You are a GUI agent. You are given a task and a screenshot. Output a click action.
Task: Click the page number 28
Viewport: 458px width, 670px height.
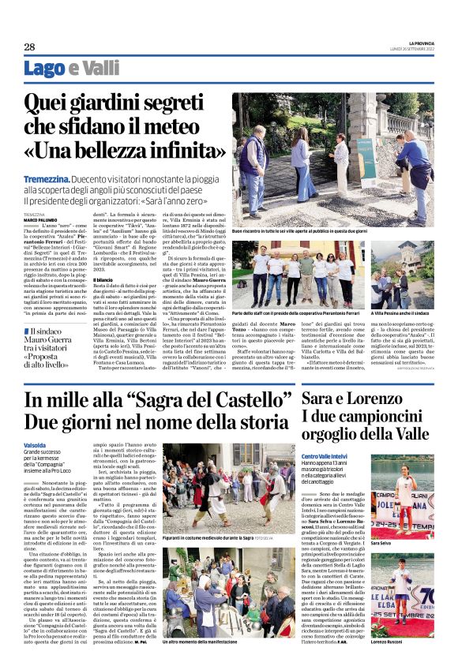[x=29, y=47]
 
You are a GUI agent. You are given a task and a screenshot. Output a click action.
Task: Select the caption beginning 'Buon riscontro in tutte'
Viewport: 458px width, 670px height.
[x=299, y=231]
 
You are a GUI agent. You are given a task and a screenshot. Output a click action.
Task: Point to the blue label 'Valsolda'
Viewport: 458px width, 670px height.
[x=37, y=444]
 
